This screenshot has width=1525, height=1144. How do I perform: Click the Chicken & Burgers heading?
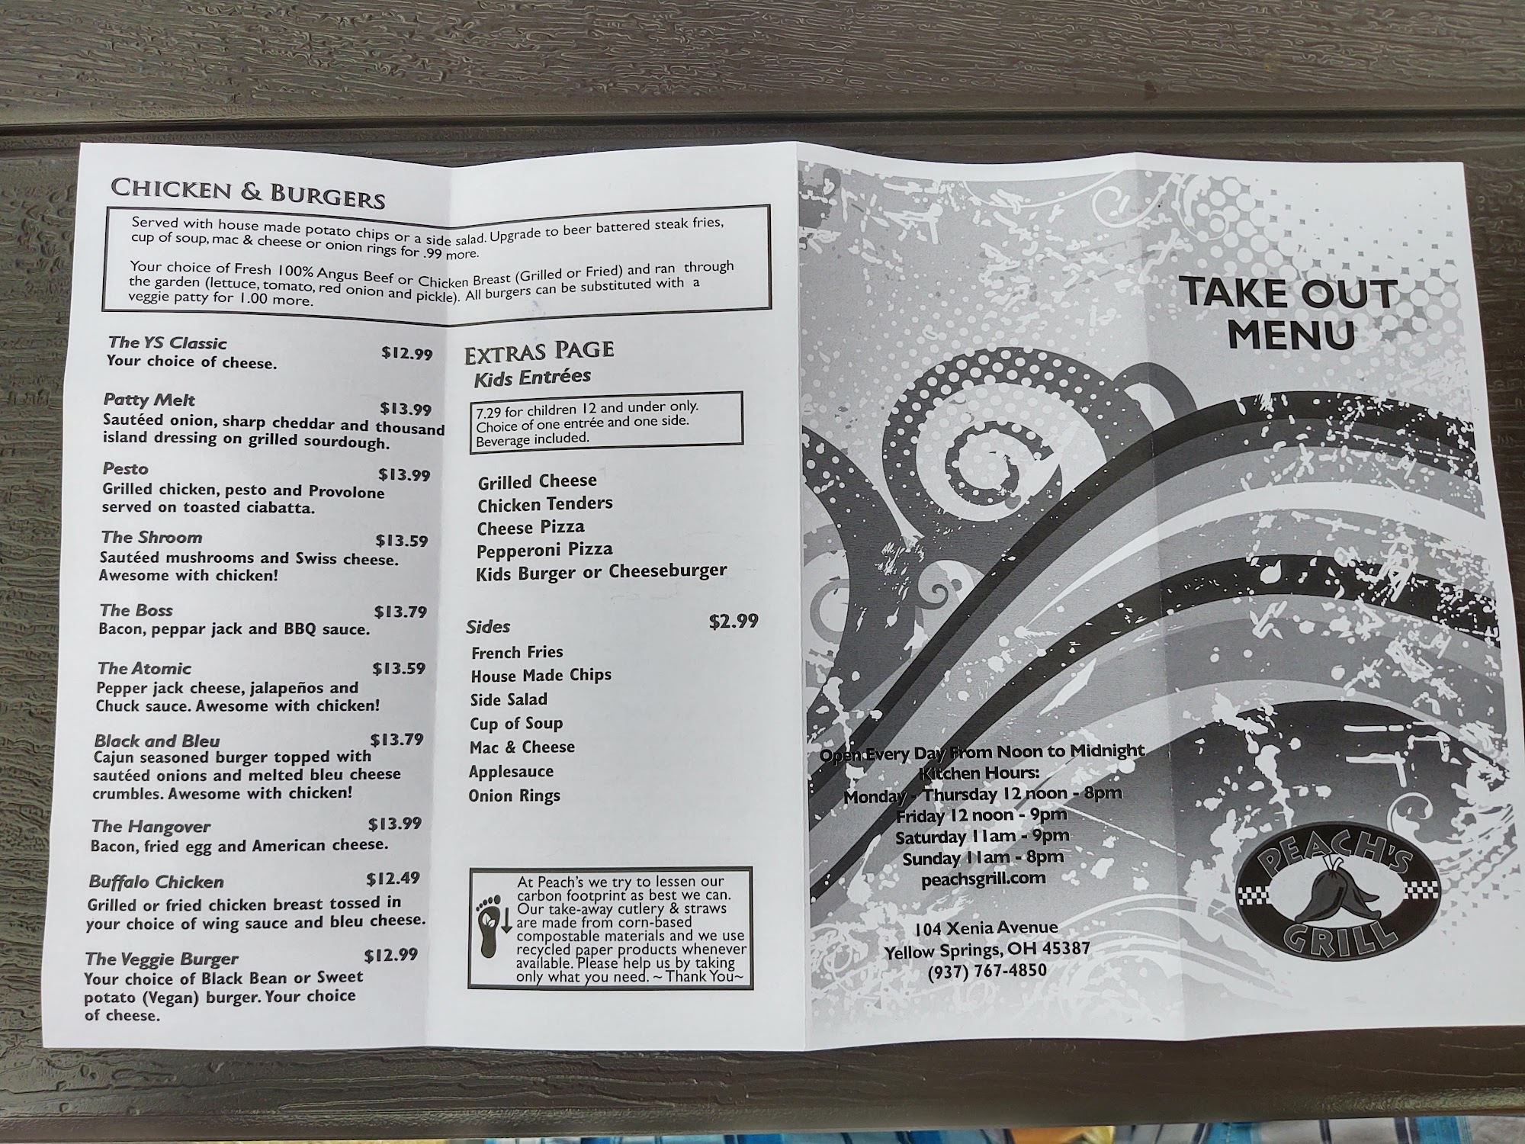click(x=248, y=194)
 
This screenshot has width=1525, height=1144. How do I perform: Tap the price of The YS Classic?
click(x=406, y=353)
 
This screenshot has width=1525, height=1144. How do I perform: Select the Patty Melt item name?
click(x=149, y=400)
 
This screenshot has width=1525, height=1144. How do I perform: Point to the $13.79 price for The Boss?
click(x=400, y=612)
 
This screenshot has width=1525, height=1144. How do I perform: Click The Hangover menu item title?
click(x=151, y=826)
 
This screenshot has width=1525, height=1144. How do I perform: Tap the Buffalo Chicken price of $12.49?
click(x=393, y=879)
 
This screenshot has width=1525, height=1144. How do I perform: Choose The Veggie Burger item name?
click(x=162, y=959)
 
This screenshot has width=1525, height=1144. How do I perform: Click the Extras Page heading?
click(x=539, y=351)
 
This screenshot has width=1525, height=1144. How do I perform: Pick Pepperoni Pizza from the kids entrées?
click(x=544, y=550)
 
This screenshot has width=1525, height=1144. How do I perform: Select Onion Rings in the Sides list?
click(x=514, y=795)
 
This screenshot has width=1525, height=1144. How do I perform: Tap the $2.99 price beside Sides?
click(x=734, y=621)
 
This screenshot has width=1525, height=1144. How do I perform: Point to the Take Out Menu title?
click(x=1289, y=313)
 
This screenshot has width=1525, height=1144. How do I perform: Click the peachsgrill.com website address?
click(x=983, y=878)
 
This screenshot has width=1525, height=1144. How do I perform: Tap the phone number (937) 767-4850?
click(x=987, y=971)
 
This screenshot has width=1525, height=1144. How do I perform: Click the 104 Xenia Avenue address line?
click(x=986, y=927)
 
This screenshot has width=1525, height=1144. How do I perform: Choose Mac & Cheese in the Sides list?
click(x=522, y=747)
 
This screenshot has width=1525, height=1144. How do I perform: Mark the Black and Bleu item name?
click(x=157, y=741)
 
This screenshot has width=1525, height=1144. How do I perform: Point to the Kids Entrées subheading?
click(x=532, y=377)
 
